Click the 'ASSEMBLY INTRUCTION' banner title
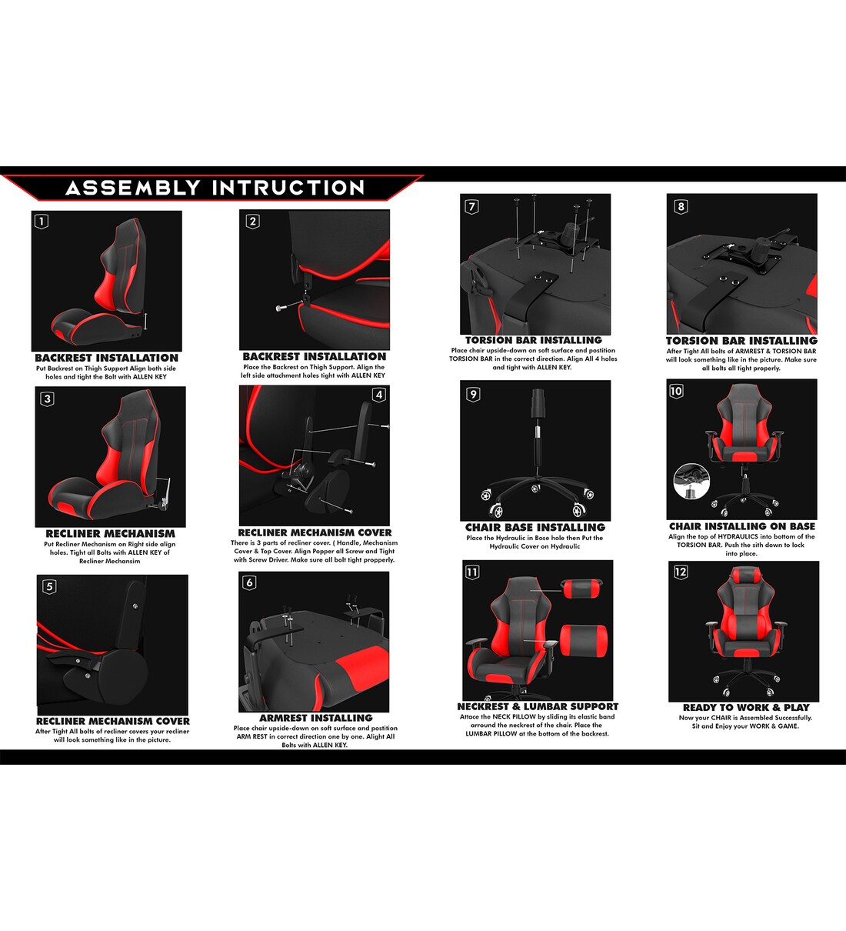coord(215,188)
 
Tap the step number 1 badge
coord(42,222)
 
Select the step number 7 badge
coord(472,206)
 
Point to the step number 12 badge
coord(681,572)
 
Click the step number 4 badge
coord(378,395)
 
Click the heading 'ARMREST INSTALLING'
coord(315,718)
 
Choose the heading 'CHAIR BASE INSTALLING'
coord(535,527)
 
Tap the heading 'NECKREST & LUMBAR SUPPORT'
coord(538,706)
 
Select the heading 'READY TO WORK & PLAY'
coord(745,707)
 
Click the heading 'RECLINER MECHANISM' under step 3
coord(110,533)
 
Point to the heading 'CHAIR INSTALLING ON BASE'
coord(742,526)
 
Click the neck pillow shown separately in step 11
coord(582,589)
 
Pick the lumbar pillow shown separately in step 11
coord(584,641)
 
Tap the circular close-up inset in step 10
coord(691,482)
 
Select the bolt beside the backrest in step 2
coord(282,307)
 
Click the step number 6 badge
coord(249,582)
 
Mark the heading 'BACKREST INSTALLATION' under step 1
coord(106,358)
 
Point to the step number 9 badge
coord(473,394)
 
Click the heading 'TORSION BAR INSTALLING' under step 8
coord(741,340)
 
